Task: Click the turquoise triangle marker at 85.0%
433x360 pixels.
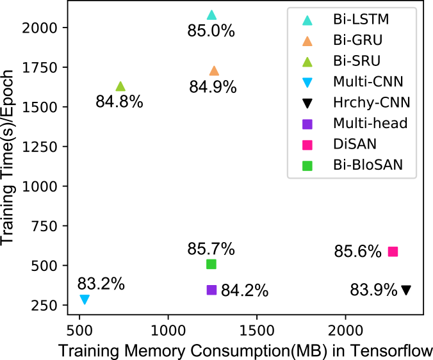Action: pos(211,15)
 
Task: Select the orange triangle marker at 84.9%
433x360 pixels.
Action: pos(214,71)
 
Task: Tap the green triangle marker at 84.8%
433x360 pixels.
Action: pos(120,86)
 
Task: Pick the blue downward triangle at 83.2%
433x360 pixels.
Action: pos(85,299)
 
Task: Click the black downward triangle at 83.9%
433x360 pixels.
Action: pos(406,290)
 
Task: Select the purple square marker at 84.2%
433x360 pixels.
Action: pos(211,290)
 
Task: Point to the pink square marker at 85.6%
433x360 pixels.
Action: pos(393,252)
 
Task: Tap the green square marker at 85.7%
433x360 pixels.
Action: pos(211,264)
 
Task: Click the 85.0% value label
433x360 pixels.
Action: pos(211,31)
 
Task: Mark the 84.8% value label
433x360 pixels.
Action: pos(119,102)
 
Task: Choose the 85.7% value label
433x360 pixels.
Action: pos(211,249)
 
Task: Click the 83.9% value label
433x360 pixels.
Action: pos(373,290)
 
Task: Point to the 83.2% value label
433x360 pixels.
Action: pos(101,284)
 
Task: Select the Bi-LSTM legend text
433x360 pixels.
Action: pos(361,19)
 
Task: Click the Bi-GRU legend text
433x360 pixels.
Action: pos(357,40)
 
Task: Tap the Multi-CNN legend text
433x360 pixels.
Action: pos(368,81)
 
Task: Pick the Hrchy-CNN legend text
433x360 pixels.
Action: pos(372,102)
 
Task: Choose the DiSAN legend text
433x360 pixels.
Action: pos(354,144)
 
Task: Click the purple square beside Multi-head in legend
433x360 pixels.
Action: pos(307,124)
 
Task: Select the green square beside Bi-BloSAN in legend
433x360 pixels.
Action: pos(307,165)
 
